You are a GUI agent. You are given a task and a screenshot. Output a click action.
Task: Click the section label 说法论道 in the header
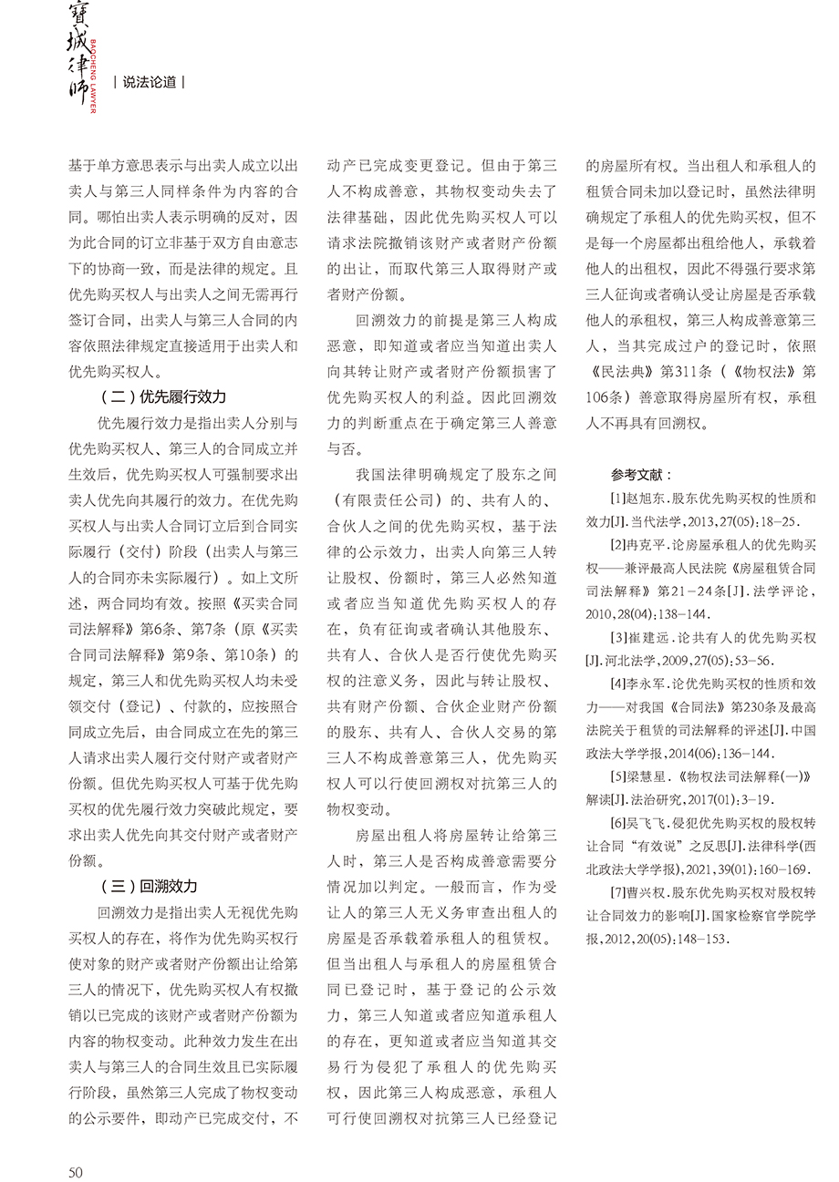(x=150, y=82)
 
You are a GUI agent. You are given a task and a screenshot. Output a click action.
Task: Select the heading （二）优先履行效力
(x=161, y=397)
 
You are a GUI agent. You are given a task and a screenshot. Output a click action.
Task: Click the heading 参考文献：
(x=643, y=475)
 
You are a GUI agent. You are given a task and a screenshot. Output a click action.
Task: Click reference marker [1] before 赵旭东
(x=619, y=498)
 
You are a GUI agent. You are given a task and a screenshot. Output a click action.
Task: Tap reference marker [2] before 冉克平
(x=619, y=545)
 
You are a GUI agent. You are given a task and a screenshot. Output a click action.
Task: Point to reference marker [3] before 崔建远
(x=619, y=636)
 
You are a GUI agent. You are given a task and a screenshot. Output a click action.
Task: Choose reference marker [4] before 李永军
(x=619, y=683)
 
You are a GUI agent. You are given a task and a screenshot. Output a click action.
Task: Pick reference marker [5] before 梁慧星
(x=619, y=776)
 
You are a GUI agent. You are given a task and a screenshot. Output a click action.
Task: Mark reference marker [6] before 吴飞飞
(x=619, y=822)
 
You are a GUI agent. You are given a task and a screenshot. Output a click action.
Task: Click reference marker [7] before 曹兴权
(x=619, y=891)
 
